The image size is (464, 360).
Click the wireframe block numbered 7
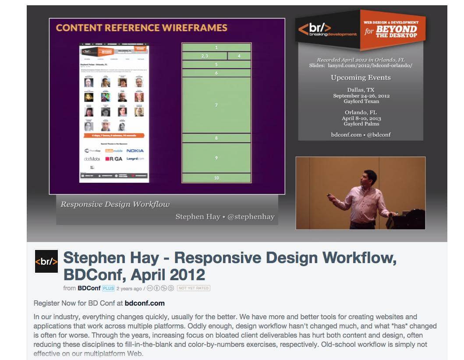pos(216,105)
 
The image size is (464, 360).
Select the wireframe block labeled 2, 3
pos(204,56)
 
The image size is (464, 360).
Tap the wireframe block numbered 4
pos(239,56)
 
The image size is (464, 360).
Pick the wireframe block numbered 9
pos(216,158)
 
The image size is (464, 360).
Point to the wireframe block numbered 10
pos(216,178)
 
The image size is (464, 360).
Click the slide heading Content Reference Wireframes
pos(142,28)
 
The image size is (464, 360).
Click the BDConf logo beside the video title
pos(46,262)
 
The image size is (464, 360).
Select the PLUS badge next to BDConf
pos(108,288)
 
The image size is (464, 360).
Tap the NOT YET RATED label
pos(193,288)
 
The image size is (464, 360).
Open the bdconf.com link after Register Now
pos(145,303)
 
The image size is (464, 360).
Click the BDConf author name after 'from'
pos(89,288)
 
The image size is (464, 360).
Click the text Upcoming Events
pos(361,78)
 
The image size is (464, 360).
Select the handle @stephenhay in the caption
pos(251,217)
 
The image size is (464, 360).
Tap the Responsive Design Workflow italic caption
pos(115,204)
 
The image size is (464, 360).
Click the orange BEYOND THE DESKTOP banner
pos(390,29)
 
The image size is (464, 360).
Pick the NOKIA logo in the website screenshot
pos(135,151)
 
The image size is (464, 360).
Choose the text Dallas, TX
pos(361,90)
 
